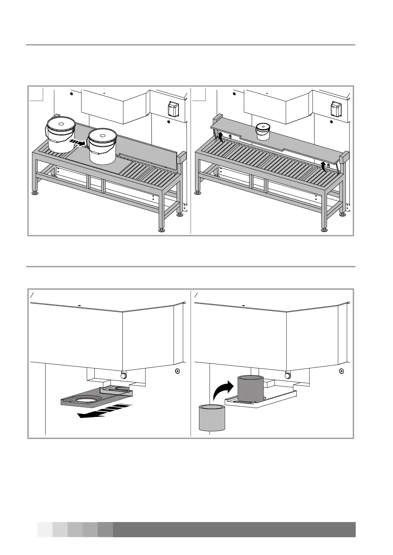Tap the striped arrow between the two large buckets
click(x=77, y=142)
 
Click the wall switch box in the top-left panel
click(x=173, y=109)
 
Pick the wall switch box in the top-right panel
click(x=336, y=109)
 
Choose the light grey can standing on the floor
click(x=212, y=418)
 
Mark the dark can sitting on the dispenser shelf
click(x=250, y=389)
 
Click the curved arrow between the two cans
click(x=222, y=390)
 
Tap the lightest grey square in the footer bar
click(x=45, y=530)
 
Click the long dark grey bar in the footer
click(x=234, y=530)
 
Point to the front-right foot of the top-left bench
click(x=161, y=230)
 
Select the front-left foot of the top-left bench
click(x=34, y=192)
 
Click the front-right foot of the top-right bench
click(x=324, y=230)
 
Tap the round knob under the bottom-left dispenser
click(x=123, y=375)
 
